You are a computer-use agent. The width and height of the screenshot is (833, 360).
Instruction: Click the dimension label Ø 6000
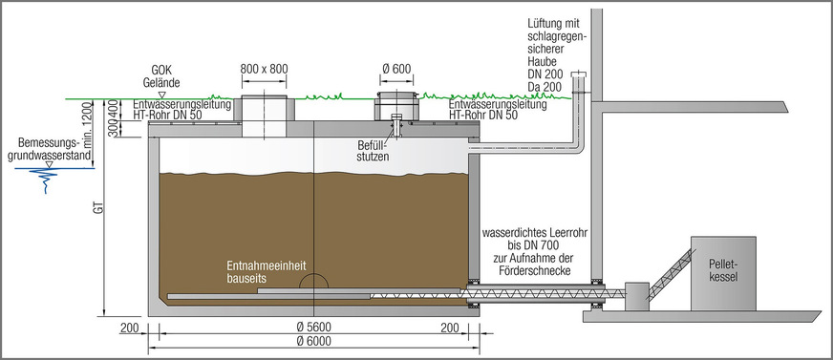click(x=313, y=341)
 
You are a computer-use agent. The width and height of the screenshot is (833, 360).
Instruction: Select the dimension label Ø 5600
click(x=313, y=328)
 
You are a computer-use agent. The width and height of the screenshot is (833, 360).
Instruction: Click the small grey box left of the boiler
click(x=636, y=294)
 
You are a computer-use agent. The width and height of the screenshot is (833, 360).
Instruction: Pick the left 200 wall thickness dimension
click(x=131, y=328)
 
